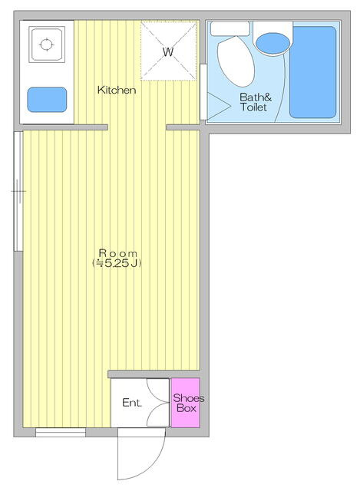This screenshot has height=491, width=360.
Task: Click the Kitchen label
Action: pos(117,91)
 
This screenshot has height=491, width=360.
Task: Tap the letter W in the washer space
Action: pos(168,51)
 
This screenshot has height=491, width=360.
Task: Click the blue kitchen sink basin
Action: pos(47,100)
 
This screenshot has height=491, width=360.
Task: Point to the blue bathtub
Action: pos(312,72)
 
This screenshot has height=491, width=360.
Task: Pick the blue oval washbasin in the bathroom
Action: pos(272,43)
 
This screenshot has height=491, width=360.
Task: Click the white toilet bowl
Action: pos(236,61)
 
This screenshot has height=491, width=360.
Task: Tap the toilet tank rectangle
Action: pos(230,29)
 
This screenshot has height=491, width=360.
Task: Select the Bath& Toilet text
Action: pos(255,102)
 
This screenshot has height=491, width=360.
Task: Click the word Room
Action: pos(117,253)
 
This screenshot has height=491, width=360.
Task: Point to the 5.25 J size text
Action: pos(117,263)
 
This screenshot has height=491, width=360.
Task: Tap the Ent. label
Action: pos(132,403)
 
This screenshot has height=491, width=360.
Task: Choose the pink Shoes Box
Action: pos(186,403)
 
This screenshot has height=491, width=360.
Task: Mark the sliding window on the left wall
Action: pos(18,191)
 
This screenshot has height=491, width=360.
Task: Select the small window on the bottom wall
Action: pos(61,433)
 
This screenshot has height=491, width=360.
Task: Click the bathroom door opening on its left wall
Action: pos(203,92)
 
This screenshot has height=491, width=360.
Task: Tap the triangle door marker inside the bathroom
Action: pos(219,106)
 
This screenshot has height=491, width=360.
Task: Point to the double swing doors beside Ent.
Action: pos(158,403)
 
